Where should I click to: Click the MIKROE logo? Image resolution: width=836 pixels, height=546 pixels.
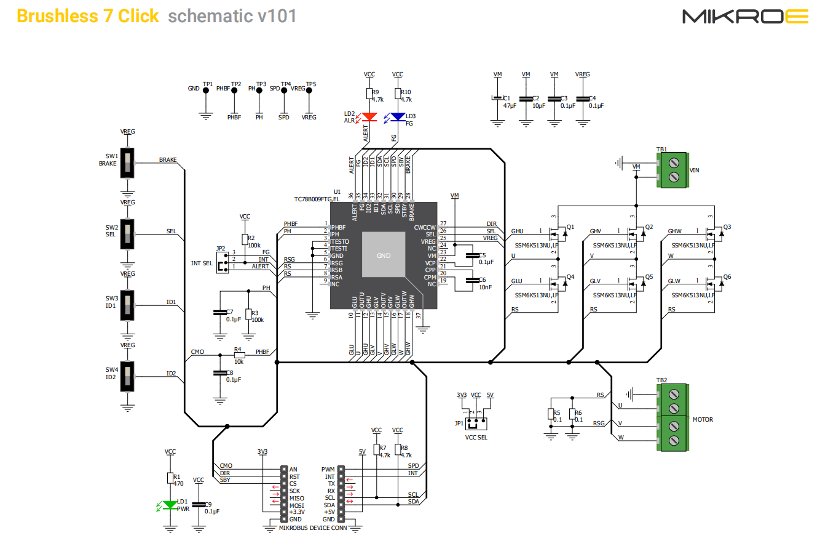[x=745, y=17]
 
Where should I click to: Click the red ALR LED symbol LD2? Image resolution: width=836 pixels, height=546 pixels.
[x=369, y=116]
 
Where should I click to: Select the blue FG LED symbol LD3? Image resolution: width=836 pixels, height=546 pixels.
[x=398, y=116]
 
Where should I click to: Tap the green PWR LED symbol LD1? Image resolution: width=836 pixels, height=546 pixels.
[x=170, y=505]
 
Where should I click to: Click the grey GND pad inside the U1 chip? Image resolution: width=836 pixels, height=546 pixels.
[x=384, y=255]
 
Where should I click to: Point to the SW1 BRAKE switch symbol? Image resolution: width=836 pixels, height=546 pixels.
[x=127, y=163]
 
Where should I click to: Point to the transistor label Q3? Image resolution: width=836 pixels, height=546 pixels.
[x=727, y=227]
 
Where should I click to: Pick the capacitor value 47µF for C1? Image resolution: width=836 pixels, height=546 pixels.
[x=509, y=106]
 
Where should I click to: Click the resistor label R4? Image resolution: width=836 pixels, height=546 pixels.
[x=238, y=349]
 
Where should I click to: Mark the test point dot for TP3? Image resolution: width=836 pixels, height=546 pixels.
[x=259, y=90]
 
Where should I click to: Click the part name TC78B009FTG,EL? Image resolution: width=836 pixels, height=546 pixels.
[x=317, y=199]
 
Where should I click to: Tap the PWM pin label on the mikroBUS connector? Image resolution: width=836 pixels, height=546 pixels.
[x=328, y=469]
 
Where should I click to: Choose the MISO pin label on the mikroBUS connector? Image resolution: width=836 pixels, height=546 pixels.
[x=296, y=498]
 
